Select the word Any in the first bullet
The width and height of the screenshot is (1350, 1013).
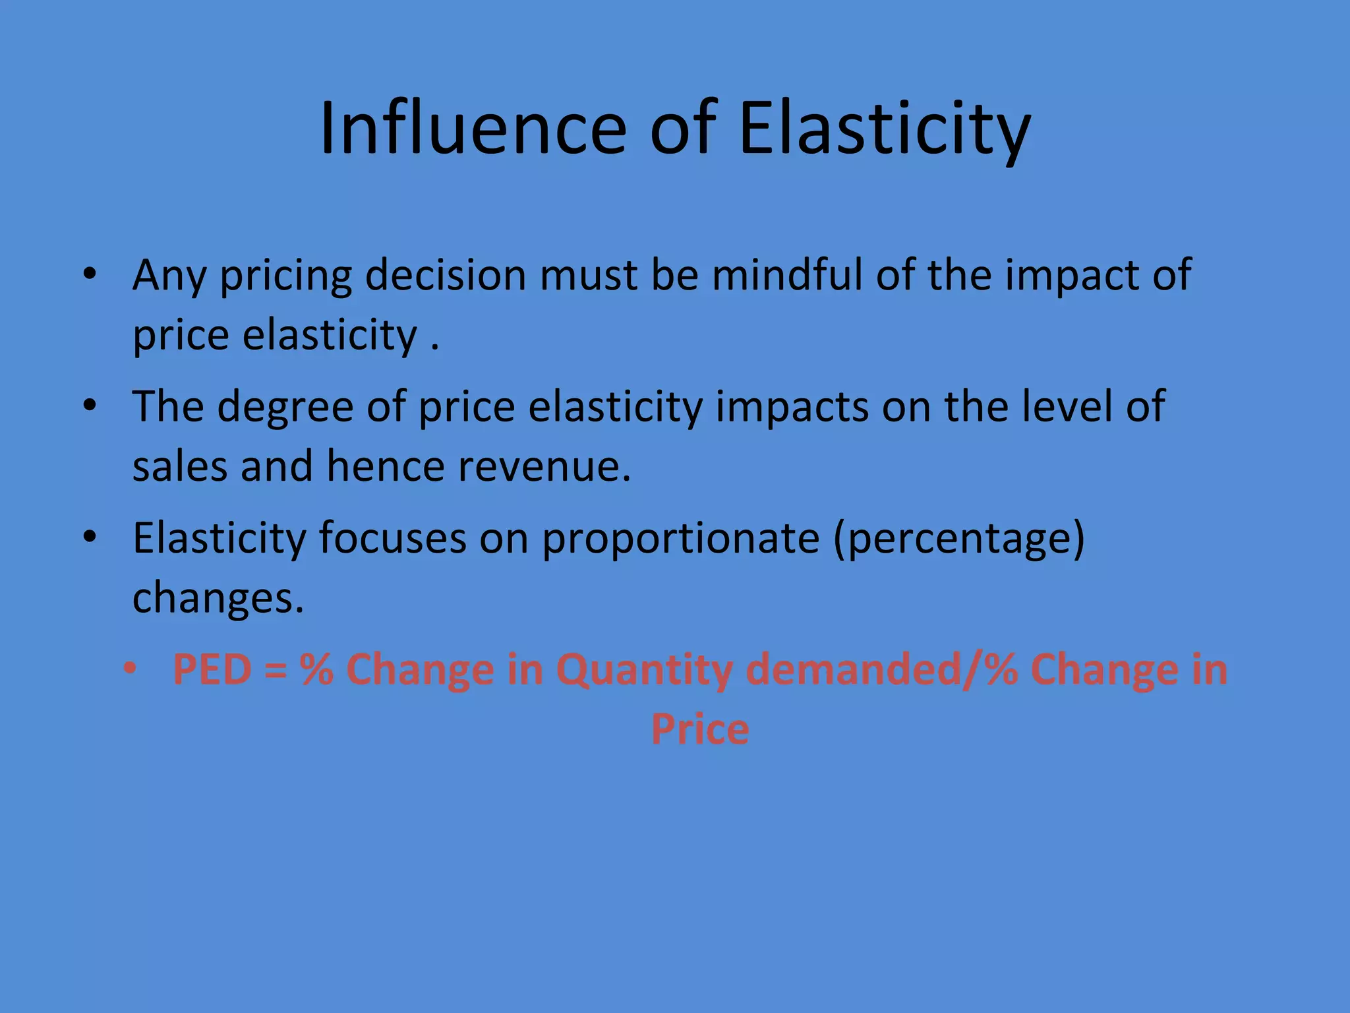[x=169, y=275]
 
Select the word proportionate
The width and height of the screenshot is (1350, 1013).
[x=681, y=539]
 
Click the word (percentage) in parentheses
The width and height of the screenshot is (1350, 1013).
[x=959, y=539]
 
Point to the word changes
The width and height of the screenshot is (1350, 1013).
[x=218, y=598]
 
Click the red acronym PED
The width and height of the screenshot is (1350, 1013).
[x=212, y=669]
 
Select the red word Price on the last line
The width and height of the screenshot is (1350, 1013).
[x=700, y=729]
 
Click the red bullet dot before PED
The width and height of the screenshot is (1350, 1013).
[x=130, y=669]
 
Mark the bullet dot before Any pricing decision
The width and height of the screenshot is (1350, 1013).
[x=90, y=274]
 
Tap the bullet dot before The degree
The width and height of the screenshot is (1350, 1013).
[x=90, y=406]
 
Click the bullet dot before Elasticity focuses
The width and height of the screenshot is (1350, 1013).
[x=90, y=537]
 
